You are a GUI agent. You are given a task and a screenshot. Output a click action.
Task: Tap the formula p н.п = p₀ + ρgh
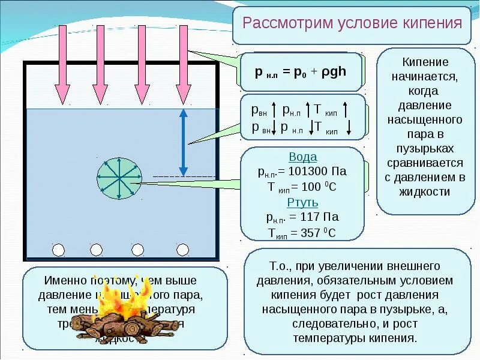[300, 71]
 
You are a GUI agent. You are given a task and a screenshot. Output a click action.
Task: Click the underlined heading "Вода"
[302, 157]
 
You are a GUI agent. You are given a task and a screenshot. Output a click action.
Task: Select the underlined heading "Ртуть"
[302, 202]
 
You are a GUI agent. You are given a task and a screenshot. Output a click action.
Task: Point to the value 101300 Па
[318, 172]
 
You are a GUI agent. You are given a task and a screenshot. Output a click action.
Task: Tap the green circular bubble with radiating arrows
[119, 178]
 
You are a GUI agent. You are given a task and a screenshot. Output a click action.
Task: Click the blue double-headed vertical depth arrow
[184, 142]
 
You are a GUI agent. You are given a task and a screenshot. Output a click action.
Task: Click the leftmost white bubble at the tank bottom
[58, 250]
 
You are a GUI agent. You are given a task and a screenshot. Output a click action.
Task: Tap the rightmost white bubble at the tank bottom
[182, 250]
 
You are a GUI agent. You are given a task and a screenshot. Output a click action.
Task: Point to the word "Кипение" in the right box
[425, 62]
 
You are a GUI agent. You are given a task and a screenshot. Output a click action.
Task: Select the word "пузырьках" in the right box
[425, 148]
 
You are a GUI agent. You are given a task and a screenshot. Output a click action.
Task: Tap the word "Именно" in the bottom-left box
[65, 281]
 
